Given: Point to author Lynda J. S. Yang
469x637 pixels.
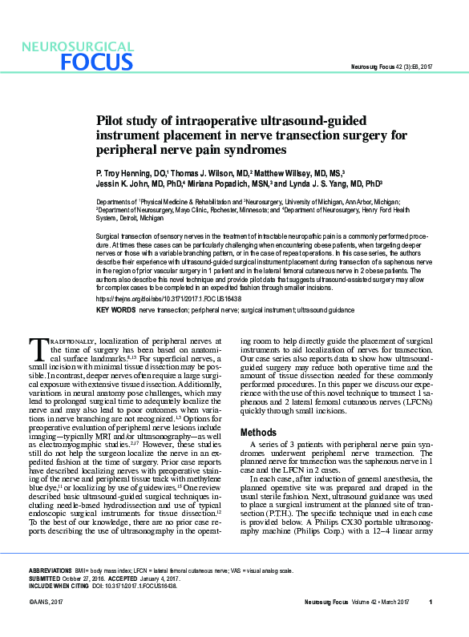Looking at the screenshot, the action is point(321,183).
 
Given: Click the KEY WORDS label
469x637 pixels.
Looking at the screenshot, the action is point(115,309).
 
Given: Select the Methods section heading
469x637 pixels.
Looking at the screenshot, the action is point(258,433).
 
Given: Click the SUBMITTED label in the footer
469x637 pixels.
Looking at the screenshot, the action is point(45,578).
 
